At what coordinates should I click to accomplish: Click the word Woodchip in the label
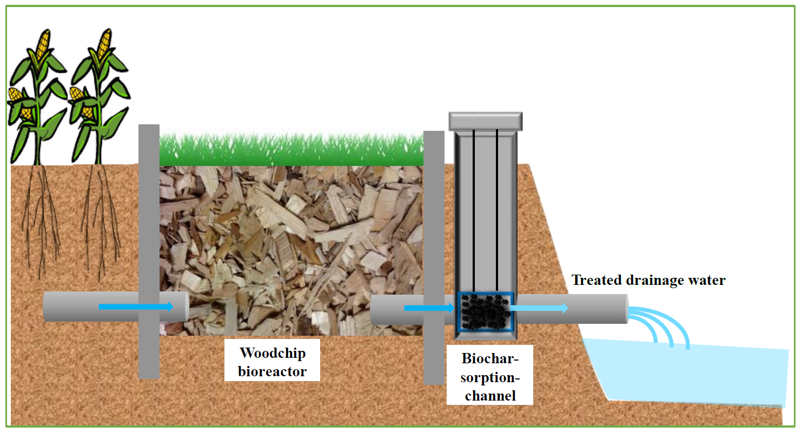point(273,353)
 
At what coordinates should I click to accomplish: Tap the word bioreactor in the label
point(273,371)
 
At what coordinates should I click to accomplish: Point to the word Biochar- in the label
point(490,358)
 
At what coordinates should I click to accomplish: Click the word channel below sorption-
point(490,395)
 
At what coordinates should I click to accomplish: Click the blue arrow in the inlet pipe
point(136,307)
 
